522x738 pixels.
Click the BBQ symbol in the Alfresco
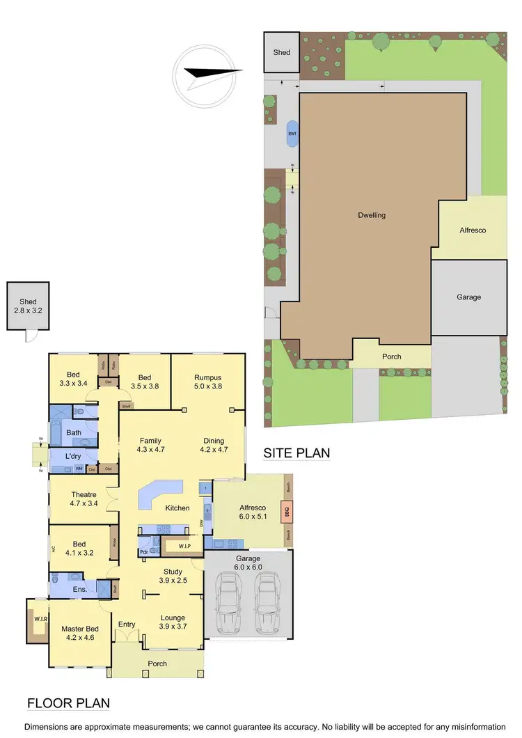[285, 512]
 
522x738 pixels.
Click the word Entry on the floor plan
[127, 624]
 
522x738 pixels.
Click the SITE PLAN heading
[296, 453]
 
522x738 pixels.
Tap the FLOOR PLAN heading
[68, 703]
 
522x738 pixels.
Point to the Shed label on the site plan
[281, 52]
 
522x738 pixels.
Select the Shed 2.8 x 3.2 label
[28, 306]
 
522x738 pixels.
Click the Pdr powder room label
[143, 551]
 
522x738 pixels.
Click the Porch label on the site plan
[392, 356]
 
